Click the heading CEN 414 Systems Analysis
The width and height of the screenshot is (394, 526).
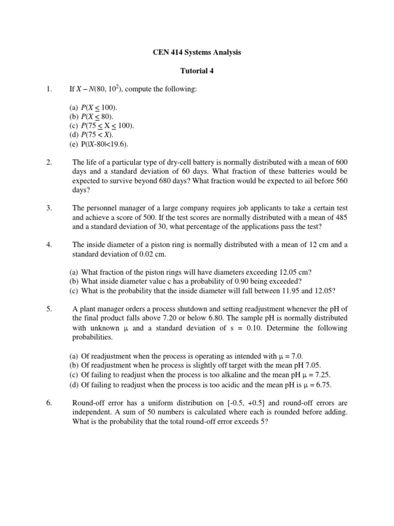coord(198,52)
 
